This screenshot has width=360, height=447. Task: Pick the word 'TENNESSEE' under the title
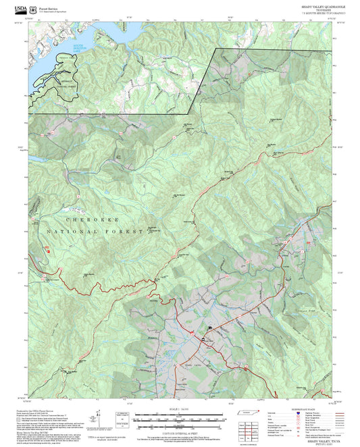[323, 9]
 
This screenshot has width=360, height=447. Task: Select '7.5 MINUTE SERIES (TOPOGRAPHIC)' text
[323, 13]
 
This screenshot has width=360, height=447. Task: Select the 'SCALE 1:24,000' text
[180, 409]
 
